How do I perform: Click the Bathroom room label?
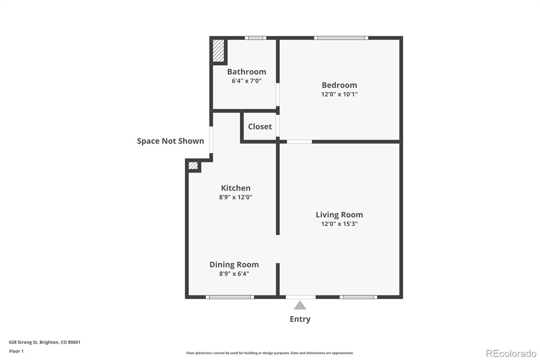point(246,72)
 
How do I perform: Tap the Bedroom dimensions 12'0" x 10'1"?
point(339,94)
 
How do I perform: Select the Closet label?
point(260,127)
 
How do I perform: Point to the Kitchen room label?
point(236,188)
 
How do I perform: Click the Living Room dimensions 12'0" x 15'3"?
point(339,224)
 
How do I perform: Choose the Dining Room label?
point(234,265)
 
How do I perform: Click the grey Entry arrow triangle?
point(300,306)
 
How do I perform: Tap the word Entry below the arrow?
point(300,319)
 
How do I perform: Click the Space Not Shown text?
point(170,141)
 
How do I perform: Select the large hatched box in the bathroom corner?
point(218,51)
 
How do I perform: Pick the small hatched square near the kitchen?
point(193,166)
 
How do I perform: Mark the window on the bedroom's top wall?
point(341,38)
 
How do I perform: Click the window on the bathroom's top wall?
point(255,38)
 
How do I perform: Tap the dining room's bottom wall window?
point(230,297)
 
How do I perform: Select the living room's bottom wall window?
point(358,297)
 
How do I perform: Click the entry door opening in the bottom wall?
point(300,297)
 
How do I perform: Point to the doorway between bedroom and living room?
point(299,142)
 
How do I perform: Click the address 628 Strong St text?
point(45,342)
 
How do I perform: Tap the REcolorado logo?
point(511,354)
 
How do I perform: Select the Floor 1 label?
point(16,351)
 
